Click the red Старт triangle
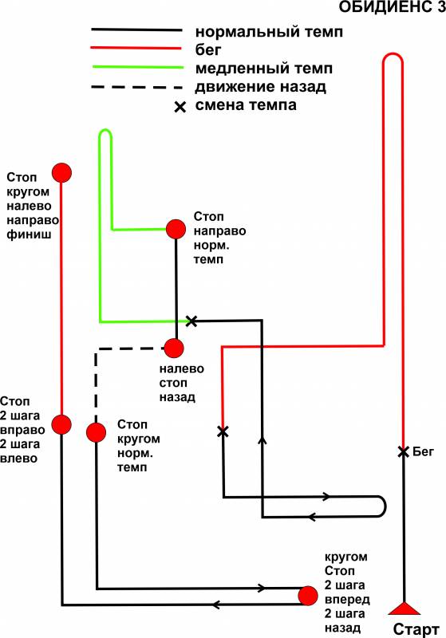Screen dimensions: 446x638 click(404, 608)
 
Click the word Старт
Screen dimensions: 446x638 click(416, 629)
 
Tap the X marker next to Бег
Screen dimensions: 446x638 click(403, 451)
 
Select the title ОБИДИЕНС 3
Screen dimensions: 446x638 click(393, 7)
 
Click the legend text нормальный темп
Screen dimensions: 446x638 click(269, 31)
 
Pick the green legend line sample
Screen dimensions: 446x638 click(138, 67)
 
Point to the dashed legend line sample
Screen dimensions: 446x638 click(136, 87)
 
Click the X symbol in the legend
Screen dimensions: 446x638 click(180, 107)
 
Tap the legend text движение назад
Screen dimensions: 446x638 click(260, 87)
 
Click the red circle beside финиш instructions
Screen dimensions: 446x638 click(61, 173)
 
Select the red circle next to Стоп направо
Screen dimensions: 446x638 click(176, 229)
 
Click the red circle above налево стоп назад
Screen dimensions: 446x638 click(174, 349)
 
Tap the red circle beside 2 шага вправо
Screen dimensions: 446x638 click(61, 425)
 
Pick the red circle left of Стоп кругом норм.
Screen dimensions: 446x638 click(97, 432)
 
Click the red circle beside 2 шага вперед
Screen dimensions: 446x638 click(308, 596)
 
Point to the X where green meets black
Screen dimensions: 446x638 click(191, 321)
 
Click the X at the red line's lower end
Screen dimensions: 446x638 click(223, 431)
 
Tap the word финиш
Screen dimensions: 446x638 click(30, 234)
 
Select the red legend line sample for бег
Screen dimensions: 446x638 click(136, 49)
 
